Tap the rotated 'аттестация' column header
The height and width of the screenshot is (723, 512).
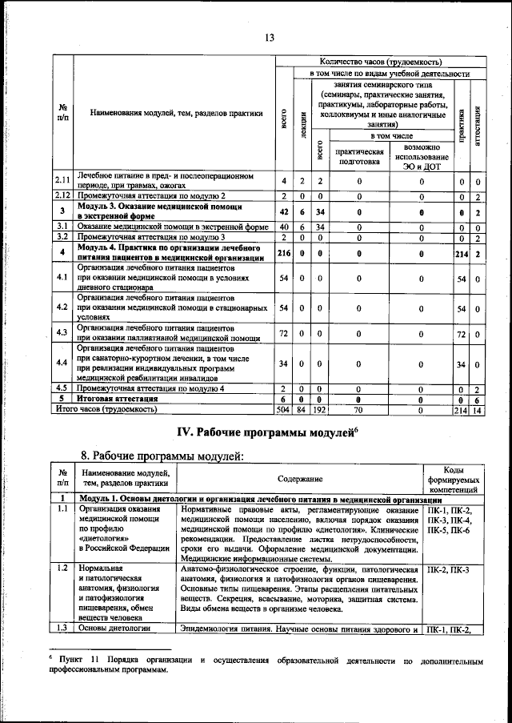(477, 123)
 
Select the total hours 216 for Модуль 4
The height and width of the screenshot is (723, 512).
(283, 254)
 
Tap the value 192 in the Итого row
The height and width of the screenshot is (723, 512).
(318, 409)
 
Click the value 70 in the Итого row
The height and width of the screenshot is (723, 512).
(358, 409)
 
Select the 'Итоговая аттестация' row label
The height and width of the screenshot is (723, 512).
(110, 399)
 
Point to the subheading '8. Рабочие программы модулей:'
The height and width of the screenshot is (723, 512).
(161, 456)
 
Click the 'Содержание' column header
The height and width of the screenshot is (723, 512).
(301, 479)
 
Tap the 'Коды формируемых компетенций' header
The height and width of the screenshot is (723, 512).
(453, 479)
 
